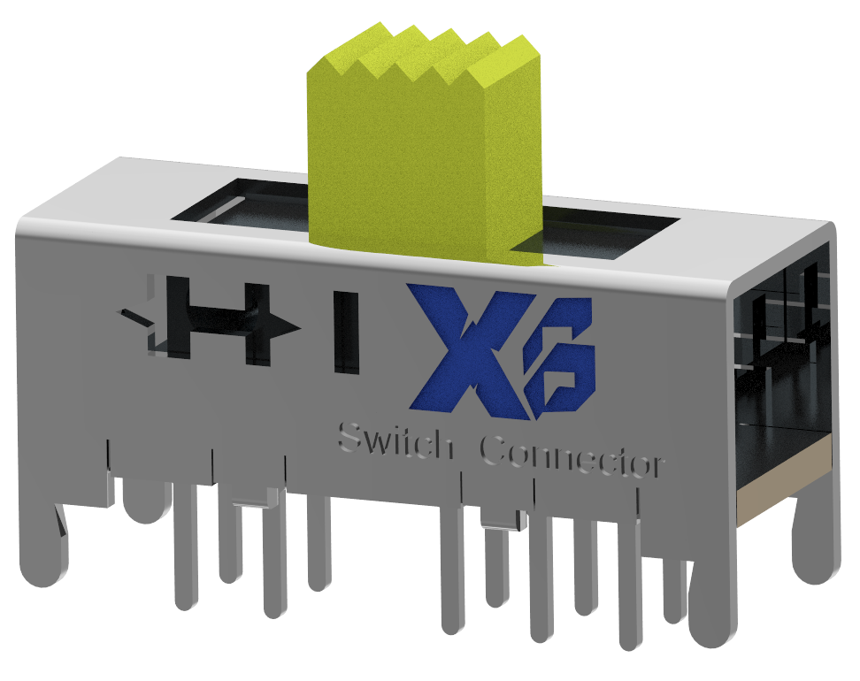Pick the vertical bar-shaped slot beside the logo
[x=346, y=331]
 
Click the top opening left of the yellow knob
[x=243, y=208]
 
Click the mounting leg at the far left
[x=44, y=548]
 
